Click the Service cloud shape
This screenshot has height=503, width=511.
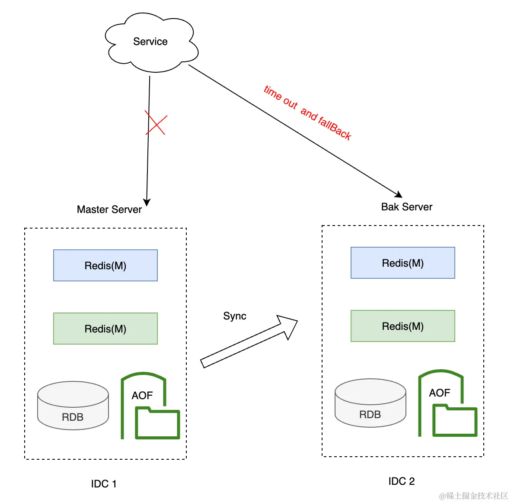[151, 42]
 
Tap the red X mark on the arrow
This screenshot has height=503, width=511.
[156, 123]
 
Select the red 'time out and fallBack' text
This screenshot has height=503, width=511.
[307, 113]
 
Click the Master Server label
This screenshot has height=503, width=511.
[109, 210]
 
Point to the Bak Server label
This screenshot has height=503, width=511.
[407, 207]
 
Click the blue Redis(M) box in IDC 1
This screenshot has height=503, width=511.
[105, 265]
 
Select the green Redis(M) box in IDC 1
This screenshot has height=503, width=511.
[105, 329]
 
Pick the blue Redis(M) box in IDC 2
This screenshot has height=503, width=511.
[403, 263]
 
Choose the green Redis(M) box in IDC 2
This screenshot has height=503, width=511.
[403, 326]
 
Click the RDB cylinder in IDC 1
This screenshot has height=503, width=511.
[73, 406]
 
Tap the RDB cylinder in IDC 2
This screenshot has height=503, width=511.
[370, 403]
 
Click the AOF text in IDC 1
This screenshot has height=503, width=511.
[142, 396]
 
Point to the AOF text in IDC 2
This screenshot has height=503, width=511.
[440, 393]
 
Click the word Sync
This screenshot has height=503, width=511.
[235, 316]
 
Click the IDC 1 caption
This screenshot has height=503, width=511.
[104, 484]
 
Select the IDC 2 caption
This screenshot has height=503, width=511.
[402, 481]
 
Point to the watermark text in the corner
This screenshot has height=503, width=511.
[473, 496]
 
